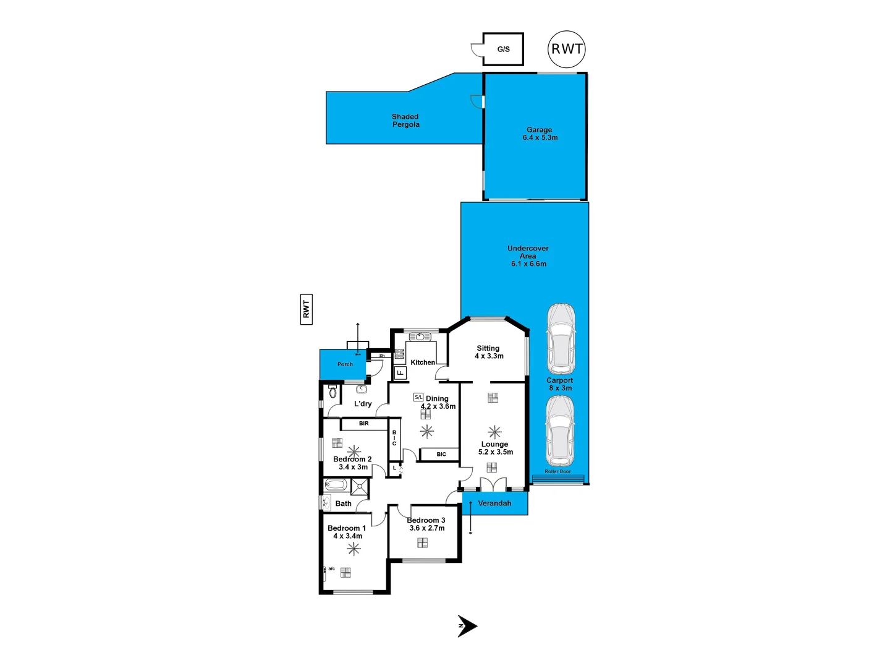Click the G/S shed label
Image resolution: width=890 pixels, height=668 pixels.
(503, 49)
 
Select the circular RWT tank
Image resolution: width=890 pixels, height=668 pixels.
(566, 49)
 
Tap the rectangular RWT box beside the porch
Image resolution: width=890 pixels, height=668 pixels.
(306, 309)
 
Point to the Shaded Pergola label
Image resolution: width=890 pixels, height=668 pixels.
(405, 121)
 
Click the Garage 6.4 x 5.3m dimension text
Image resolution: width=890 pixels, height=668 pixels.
(540, 138)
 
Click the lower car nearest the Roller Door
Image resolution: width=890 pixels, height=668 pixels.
(559, 431)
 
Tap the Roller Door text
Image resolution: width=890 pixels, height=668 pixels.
(557, 472)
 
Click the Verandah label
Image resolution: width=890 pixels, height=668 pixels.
(494, 503)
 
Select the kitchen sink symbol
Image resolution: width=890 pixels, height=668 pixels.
(420, 337)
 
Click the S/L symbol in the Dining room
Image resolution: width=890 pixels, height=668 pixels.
(418, 397)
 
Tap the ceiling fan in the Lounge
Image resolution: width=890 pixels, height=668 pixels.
(494, 432)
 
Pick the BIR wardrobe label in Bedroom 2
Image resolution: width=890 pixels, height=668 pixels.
(363, 424)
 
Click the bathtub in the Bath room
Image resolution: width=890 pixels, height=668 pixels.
(336, 485)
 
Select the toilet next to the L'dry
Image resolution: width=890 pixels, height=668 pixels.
(333, 392)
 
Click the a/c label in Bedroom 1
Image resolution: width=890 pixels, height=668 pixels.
(331, 568)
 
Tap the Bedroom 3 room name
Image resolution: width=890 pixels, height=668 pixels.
(426, 520)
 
